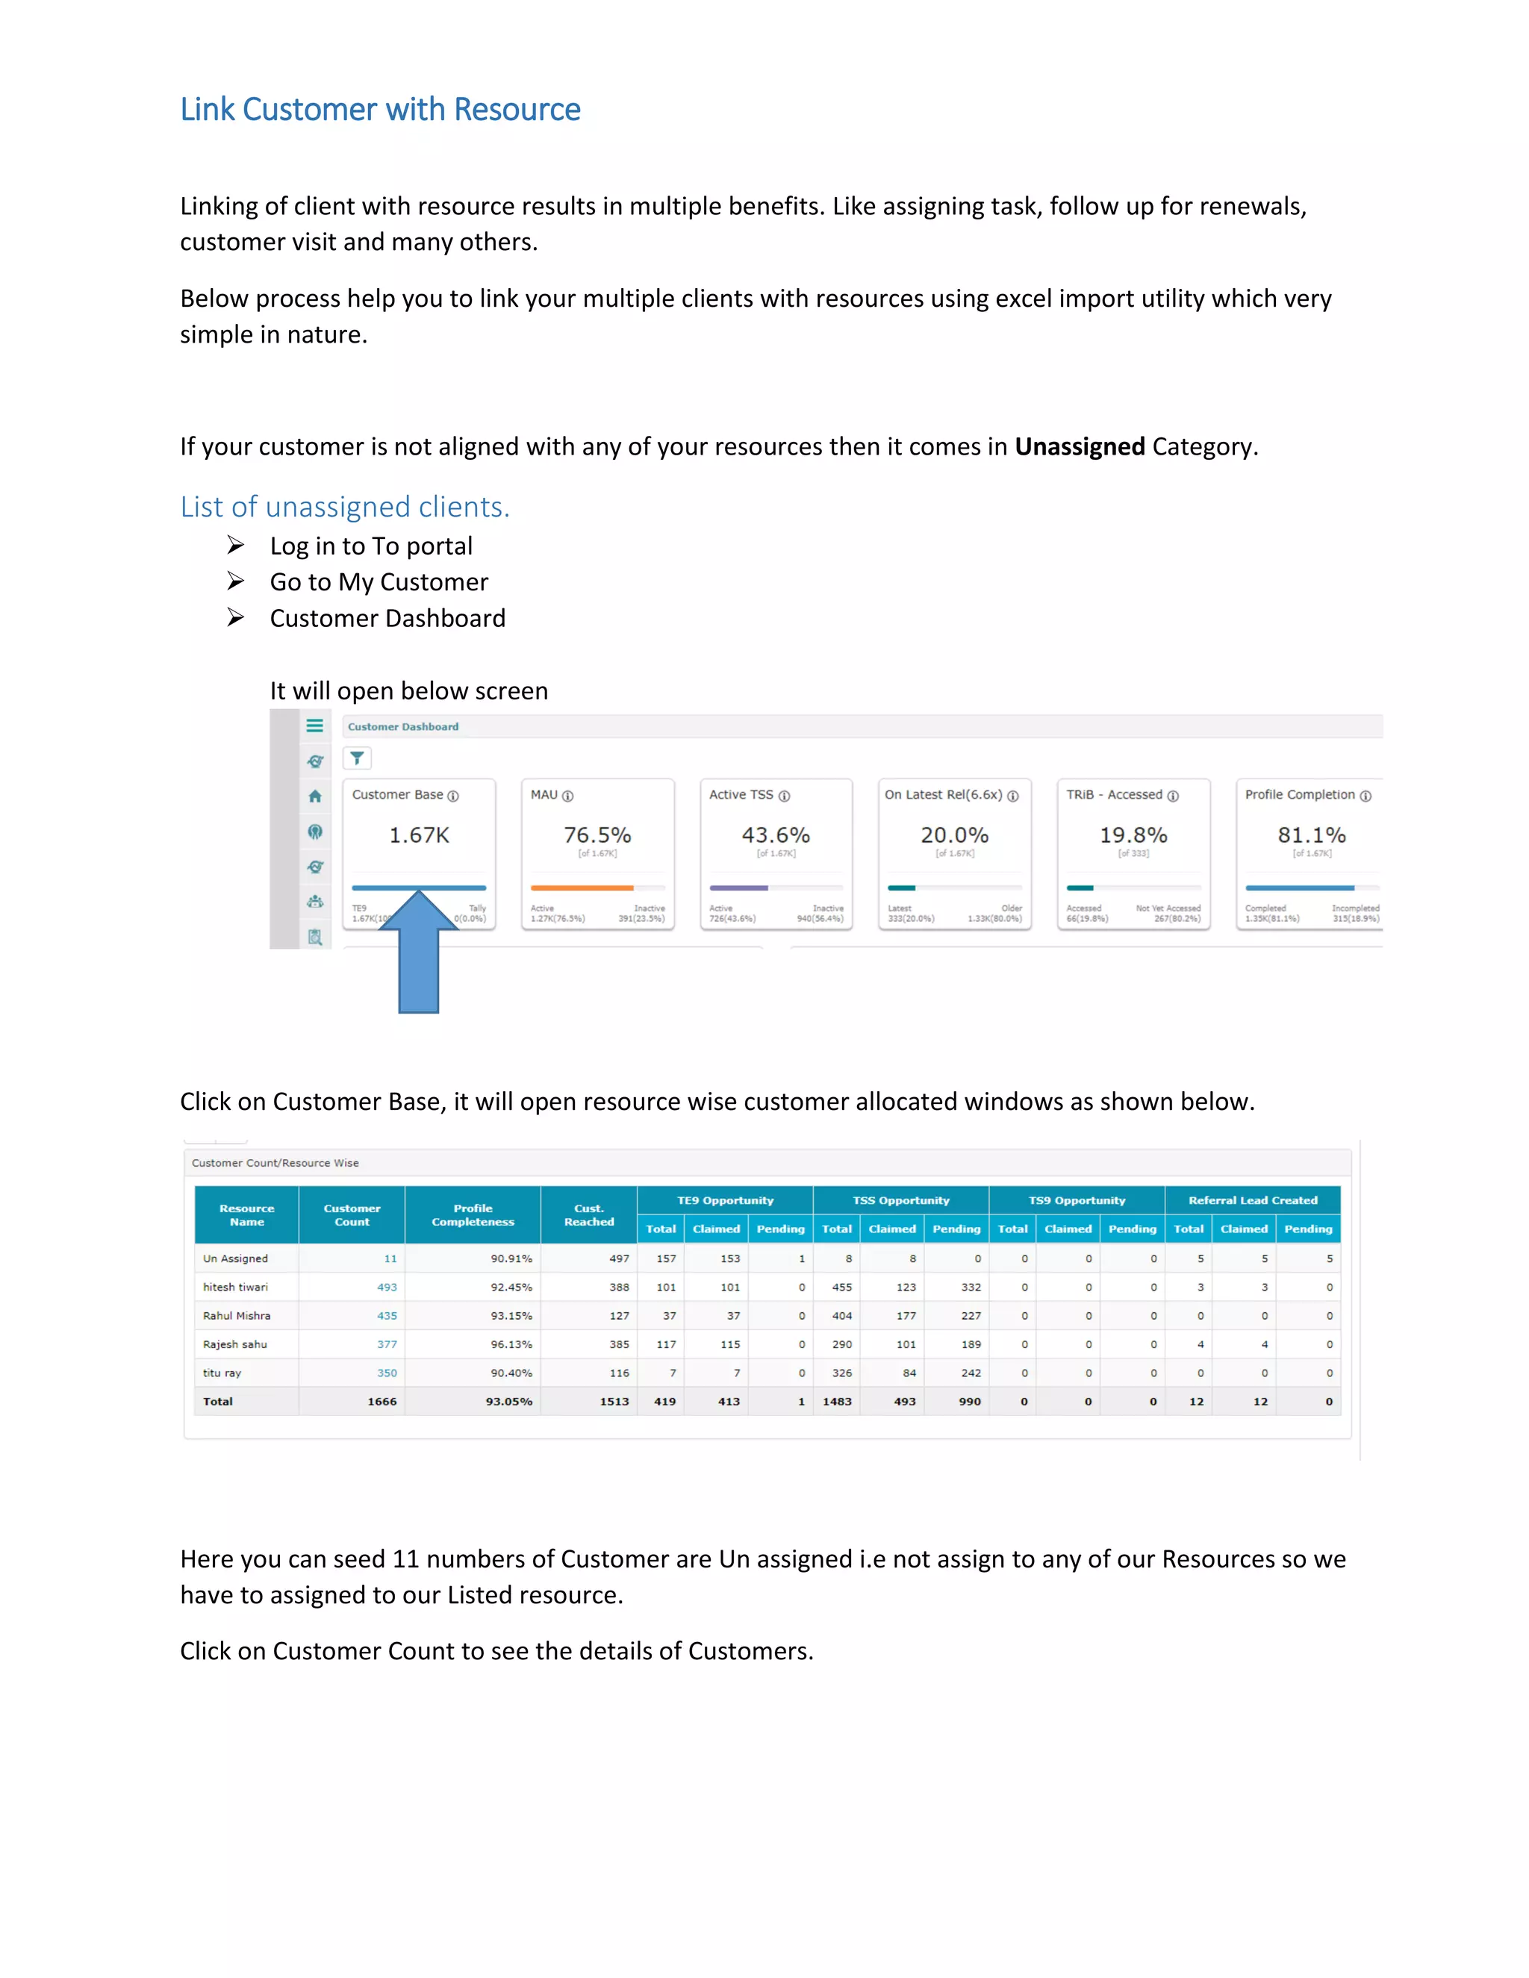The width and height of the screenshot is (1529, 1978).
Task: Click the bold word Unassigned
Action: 1079,446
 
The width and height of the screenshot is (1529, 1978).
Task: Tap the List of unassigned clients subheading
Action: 344,506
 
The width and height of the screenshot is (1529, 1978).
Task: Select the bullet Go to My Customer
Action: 379,581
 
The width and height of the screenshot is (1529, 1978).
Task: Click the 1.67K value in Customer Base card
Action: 419,835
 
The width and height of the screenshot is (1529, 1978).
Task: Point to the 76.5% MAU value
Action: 597,835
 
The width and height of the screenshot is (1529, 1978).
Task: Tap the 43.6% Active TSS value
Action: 776,835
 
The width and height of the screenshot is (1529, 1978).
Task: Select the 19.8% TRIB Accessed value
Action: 1133,835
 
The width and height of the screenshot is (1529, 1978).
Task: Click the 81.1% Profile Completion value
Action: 1311,835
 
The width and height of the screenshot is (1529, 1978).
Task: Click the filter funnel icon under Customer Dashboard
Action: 357,758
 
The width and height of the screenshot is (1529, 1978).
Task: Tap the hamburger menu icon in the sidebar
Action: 314,726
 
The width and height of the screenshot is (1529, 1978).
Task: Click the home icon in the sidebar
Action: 314,796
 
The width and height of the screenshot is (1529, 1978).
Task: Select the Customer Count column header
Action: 352,1214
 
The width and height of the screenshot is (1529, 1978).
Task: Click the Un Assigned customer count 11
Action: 390,1258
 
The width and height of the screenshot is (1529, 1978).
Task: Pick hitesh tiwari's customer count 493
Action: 387,1287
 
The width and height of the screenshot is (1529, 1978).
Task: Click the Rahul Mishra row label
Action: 237,1315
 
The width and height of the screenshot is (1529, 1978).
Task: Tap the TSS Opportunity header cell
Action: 900,1200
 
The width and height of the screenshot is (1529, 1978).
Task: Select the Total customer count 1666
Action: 382,1401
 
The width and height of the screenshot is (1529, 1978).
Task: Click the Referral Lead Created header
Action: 1252,1200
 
